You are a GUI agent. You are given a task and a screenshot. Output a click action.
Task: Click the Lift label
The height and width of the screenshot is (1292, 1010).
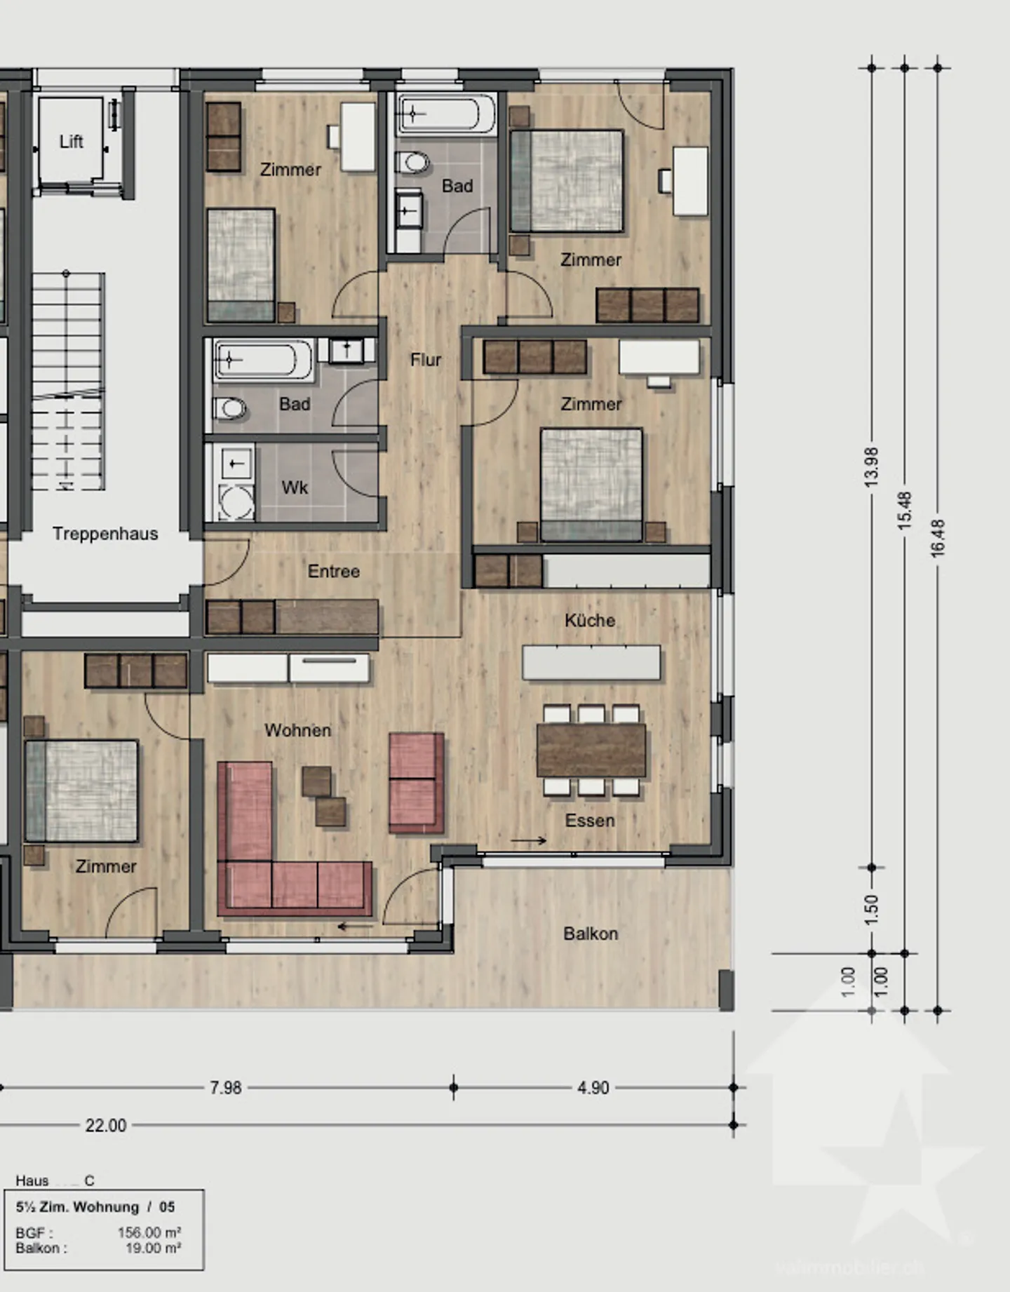tap(71, 142)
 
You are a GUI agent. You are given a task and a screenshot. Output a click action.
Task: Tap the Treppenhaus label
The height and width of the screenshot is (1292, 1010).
tap(105, 534)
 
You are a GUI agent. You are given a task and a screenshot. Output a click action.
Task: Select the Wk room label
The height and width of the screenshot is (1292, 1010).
tap(295, 487)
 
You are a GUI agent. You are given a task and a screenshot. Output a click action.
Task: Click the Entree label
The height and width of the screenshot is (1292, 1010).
tap(334, 572)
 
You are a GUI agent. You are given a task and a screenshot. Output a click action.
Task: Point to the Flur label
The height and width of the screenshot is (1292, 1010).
tap(426, 360)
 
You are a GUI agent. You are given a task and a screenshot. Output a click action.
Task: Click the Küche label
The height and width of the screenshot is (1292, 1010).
tap(590, 621)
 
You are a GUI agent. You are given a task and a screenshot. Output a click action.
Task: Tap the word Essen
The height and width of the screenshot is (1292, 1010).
tap(590, 821)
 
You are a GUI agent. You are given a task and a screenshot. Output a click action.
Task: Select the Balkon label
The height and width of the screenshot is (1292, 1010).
tap(591, 934)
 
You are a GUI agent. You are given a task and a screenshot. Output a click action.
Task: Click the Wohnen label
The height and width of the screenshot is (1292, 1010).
tap(298, 730)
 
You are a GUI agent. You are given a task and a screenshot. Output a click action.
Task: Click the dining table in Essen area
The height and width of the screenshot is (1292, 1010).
tap(591, 751)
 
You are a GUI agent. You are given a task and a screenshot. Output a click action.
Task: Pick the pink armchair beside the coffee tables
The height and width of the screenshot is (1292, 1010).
tap(417, 782)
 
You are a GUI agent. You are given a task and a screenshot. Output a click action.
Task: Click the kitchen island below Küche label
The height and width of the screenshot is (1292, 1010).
tap(591, 663)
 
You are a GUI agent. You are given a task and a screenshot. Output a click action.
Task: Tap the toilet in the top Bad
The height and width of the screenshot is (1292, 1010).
tap(414, 163)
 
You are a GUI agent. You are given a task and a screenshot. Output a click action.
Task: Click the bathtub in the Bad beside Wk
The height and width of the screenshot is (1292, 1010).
tap(263, 360)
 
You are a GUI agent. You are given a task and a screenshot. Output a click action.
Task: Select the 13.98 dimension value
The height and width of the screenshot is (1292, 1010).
tap(871, 467)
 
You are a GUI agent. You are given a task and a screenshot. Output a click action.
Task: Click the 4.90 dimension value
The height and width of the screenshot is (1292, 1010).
tap(593, 1088)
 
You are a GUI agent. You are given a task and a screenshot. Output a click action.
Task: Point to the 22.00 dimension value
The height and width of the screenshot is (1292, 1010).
tap(106, 1126)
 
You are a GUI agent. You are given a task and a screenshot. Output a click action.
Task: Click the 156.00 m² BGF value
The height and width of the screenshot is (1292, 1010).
tap(149, 1232)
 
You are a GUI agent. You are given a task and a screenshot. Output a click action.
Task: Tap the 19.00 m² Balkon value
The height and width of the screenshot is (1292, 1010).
tap(154, 1248)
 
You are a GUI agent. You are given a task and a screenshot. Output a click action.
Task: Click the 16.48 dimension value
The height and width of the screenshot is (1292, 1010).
tap(938, 538)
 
